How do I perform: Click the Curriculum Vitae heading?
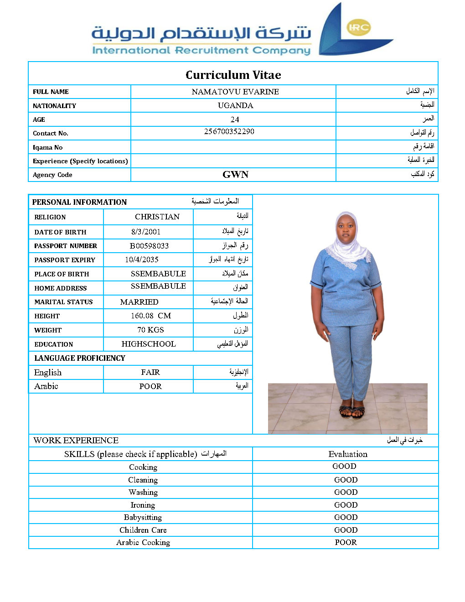click(x=233, y=75)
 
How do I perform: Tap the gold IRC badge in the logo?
click(x=358, y=27)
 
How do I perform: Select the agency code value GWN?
click(x=235, y=175)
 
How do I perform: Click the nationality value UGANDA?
click(x=235, y=105)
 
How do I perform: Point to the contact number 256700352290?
click(x=229, y=131)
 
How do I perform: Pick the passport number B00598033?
click(x=149, y=246)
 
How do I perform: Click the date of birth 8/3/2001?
click(x=146, y=232)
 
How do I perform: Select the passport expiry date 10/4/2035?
click(x=142, y=259)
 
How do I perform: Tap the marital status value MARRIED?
click(x=139, y=302)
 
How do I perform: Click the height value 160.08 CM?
click(x=150, y=316)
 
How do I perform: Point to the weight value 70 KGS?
click(x=150, y=330)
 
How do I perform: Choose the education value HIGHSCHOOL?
click(x=149, y=344)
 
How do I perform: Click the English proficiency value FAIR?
click(x=150, y=372)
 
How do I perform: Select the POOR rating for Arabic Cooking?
click(x=346, y=542)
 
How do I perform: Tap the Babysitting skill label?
click(x=143, y=517)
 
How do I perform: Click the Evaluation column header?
click(x=348, y=454)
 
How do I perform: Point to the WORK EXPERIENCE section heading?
click(x=76, y=440)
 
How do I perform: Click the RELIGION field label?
click(x=50, y=217)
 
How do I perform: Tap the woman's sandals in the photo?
click(x=351, y=412)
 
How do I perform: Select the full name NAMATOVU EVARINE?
click(x=235, y=92)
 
